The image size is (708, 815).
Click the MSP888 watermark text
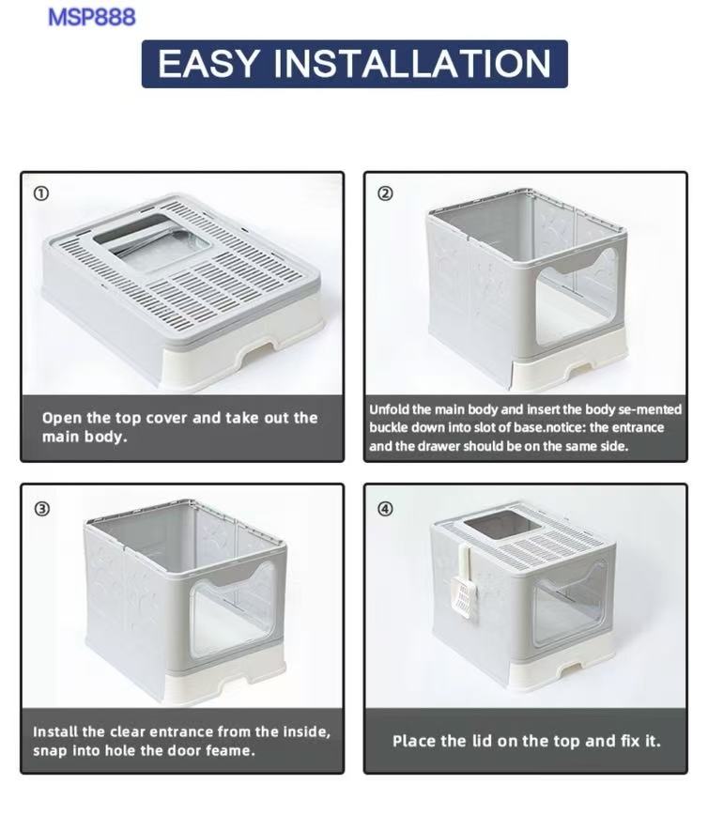click(91, 17)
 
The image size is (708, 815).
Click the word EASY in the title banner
click(208, 64)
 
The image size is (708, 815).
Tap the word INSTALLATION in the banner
click(411, 64)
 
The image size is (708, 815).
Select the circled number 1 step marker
click(41, 193)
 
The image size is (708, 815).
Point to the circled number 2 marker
click(385, 193)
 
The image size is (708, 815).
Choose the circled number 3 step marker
click(42, 508)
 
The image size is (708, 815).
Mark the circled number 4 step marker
click(385, 508)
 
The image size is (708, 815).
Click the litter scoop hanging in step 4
click(462, 582)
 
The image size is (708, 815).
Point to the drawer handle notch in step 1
click(256, 347)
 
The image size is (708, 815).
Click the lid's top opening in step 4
click(500, 527)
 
